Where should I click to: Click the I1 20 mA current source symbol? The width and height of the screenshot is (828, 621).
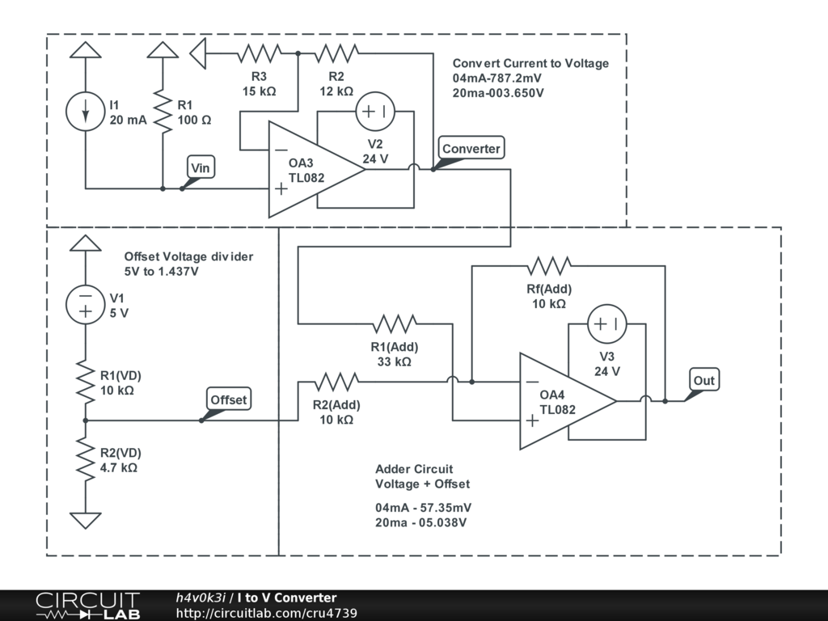pos(85,113)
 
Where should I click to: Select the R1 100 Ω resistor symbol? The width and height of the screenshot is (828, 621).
pos(163,113)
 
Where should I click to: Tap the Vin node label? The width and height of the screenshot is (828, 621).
pos(200,167)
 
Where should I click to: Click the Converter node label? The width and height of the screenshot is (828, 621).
pos(471,149)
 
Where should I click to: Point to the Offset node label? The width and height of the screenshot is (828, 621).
pos(229,399)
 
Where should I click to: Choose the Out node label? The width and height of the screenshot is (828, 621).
pos(703,380)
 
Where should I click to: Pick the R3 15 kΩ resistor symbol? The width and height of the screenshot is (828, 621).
pos(259,54)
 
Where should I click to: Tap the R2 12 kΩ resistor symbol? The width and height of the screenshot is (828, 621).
pos(336,54)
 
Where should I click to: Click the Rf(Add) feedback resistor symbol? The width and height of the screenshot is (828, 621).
pos(549,266)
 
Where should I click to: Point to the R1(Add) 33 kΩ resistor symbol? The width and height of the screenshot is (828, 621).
pos(395,324)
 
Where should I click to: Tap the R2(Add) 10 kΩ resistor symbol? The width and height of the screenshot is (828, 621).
pos(336,381)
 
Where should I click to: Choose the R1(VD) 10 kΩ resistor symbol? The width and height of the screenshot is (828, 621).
pos(85,382)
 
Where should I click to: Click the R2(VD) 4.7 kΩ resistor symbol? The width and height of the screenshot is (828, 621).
pos(85,458)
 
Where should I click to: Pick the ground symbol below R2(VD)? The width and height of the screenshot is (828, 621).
pos(85,520)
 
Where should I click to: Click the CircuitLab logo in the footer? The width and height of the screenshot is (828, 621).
pos(87,606)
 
